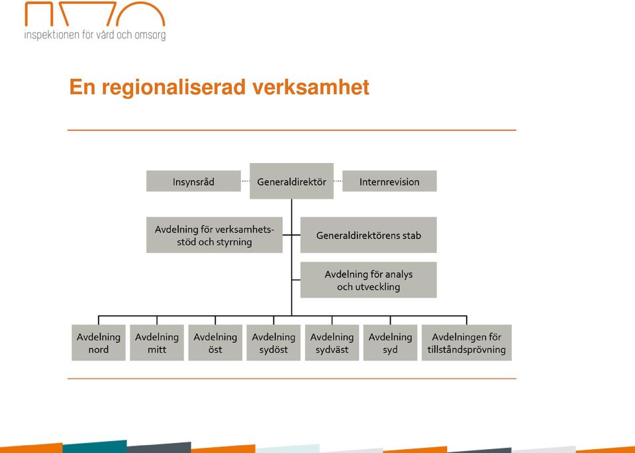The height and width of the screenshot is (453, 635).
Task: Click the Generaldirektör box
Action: [x=291, y=181]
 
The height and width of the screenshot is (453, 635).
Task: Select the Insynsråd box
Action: [x=193, y=181]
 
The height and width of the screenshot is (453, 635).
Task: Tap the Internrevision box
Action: [x=389, y=181]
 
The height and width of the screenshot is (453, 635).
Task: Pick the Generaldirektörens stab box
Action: [x=369, y=235]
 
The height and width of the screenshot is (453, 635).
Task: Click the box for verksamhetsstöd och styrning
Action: [x=215, y=235]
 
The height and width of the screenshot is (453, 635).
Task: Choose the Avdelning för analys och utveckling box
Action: [x=369, y=280]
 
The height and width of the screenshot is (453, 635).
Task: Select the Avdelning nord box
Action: [x=99, y=343]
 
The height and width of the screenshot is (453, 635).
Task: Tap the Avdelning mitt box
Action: [x=157, y=343]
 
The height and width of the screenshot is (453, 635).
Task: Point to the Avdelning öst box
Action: [x=215, y=343]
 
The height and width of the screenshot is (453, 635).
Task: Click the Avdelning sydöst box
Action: [x=273, y=343]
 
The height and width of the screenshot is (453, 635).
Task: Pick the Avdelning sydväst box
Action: [x=332, y=343]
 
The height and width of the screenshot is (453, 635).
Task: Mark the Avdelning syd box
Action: [x=390, y=343]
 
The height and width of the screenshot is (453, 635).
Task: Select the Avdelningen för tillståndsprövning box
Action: [x=467, y=343]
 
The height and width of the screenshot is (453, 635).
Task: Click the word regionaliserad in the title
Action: [x=173, y=88]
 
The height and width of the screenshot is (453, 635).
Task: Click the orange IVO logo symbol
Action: [x=95, y=14]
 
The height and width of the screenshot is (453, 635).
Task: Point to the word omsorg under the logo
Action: [x=150, y=35]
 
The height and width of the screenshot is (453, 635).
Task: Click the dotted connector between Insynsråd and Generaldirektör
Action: [x=246, y=181]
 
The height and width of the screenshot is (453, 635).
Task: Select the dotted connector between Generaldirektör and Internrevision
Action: [x=338, y=181]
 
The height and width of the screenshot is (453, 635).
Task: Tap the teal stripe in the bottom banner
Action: [x=95, y=446]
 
